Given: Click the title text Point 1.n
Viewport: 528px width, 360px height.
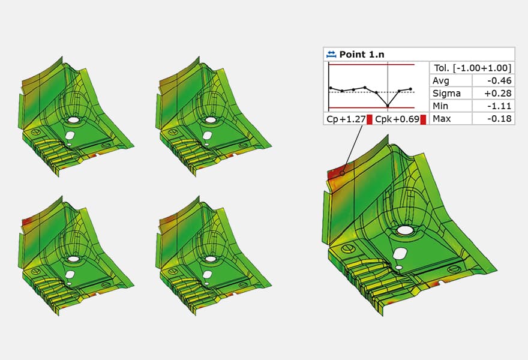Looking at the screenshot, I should [362, 54].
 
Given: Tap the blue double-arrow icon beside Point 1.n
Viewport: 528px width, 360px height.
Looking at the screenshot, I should [331, 54].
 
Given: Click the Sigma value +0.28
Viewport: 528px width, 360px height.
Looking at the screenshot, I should [499, 93].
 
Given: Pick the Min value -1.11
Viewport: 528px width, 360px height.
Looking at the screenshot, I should [500, 106].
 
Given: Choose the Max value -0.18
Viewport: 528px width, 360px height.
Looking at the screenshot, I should [500, 118].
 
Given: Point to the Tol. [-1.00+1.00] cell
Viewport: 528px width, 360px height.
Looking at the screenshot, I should [472, 67].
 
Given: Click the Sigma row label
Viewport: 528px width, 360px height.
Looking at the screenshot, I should [446, 93].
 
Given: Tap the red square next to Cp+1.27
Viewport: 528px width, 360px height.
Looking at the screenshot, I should [370, 119].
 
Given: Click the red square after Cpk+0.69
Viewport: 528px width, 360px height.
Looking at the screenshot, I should [423, 119].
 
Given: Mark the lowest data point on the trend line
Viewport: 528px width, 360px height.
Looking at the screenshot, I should [388, 106].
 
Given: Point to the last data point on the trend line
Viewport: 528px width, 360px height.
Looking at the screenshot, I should [410, 89].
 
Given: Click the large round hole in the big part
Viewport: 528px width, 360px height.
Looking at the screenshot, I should [405, 230].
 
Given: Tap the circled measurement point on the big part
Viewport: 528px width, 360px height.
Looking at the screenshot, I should [343, 173].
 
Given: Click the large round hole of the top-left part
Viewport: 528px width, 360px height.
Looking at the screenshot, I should [73, 120].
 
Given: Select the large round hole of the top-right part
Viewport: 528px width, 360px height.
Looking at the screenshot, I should [211, 120].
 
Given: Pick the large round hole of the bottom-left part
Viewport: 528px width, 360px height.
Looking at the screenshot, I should [73, 259].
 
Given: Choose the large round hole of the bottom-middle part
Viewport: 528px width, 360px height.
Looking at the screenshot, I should [211, 259].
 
